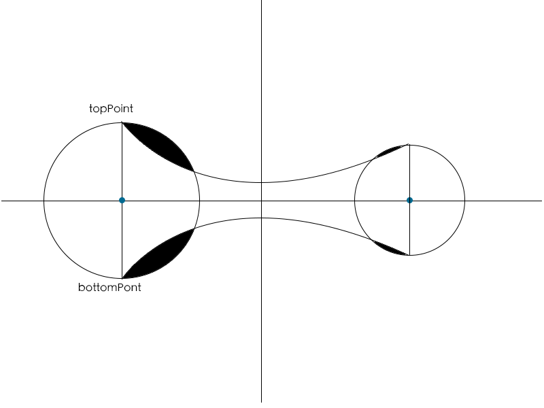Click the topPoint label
pyautogui.click(x=111, y=108)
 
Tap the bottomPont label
pyautogui.click(x=109, y=288)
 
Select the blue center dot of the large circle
pyautogui.click(x=122, y=200)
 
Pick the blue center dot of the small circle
pyautogui.click(x=409, y=200)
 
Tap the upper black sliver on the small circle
pyautogui.click(x=390, y=152)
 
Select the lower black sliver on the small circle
pyautogui.click(x=390, y=248)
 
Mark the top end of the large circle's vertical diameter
pyautogui.click(x=122, y=122)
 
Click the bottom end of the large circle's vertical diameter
pyautogui.click(x=122, y=278)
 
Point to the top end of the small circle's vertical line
pyautogui.click(x=409, y=144)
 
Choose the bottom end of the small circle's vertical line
pyautogui.click(x=409, y=255)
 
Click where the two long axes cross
pyautogui.click(x=261, y=200)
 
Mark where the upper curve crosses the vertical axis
pyautogui.click(x=261, y=182)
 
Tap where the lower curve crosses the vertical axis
pyautogui.click(x=261, y=218)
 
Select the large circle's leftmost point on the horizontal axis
pyautogui.click(x=44, y=200)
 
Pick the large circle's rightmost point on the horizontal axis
pyautogui.click(x=200, y=200)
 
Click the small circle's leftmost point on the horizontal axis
pyautogui.click(x=354, y=200)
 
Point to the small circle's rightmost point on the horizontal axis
pyautogui.click(x=465, y=200)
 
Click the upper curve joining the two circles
pyautogui.click(x=306, y=177)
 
